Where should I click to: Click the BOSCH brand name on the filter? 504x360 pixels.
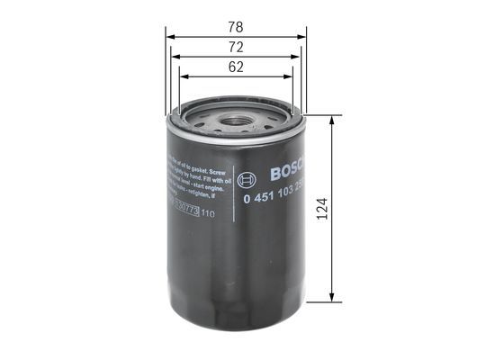pyautogui.click(x=287, y=170)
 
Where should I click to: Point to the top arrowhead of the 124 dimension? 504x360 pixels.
pyautogui.click(x=334, y=121)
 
